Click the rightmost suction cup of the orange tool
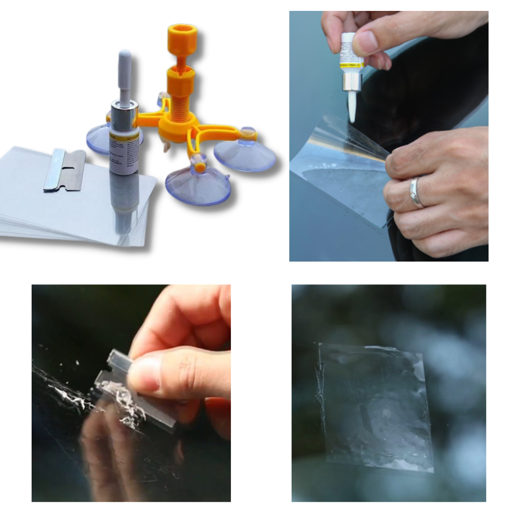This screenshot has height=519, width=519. point(244,151)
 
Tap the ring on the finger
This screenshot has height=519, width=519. point(417,193)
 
